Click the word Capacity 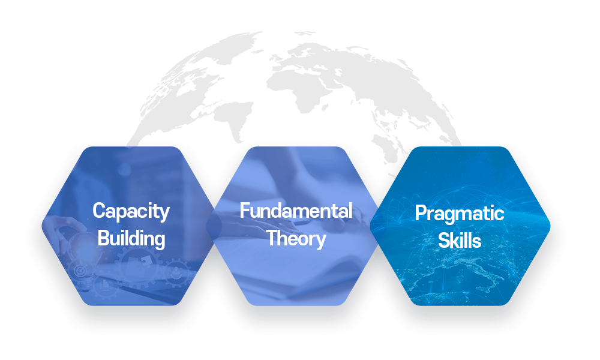(x=131, y=212)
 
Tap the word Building (x=131, y=239)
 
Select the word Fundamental (x=296, y=211)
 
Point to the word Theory (x=296, y=239)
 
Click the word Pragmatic (x=459, y=214)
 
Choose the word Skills (x=459, y=241)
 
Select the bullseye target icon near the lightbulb (x=80, y=271)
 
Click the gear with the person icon (x=176, y=272)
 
